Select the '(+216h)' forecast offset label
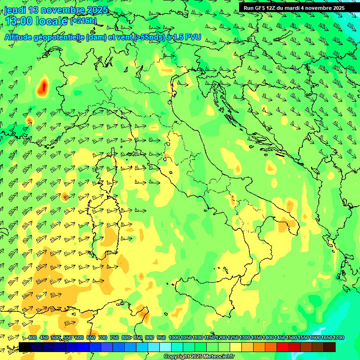(x=83, y=21)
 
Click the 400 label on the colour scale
(x=32, y=338)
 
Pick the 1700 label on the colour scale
(x=326, y=338)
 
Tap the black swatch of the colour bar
(x=25, y=347)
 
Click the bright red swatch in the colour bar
(x=283, y=347)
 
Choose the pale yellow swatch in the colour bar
(x=236, y=347)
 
